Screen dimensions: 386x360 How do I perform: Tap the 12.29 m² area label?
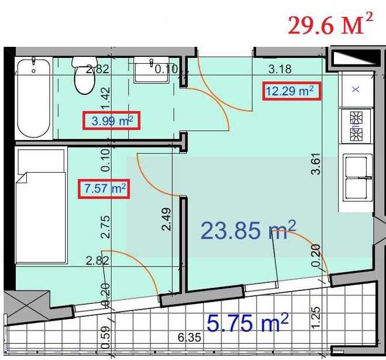292,91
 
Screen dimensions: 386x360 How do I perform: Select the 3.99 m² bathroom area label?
112,121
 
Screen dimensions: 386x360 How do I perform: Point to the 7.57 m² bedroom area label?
104,188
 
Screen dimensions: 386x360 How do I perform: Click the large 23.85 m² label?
248,230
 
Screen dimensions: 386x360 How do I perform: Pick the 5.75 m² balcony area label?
247,323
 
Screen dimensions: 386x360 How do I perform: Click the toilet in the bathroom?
84,76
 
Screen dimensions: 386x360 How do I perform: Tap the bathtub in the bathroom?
34,98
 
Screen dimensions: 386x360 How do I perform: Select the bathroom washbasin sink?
151,70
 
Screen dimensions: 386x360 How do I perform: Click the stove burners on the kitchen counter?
356,126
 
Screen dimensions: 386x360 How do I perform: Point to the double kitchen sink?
357,177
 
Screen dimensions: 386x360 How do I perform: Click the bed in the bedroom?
41,205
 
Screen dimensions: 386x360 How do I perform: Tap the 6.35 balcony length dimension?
189,337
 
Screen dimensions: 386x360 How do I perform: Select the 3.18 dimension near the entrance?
280,69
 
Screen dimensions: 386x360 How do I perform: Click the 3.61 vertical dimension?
316,164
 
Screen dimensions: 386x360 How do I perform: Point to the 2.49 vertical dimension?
167,219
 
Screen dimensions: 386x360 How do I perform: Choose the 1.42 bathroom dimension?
105,98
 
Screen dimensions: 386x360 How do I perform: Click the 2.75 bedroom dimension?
105,227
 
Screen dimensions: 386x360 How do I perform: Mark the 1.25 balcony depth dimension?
316,318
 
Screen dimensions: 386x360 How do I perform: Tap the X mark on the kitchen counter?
356,89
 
